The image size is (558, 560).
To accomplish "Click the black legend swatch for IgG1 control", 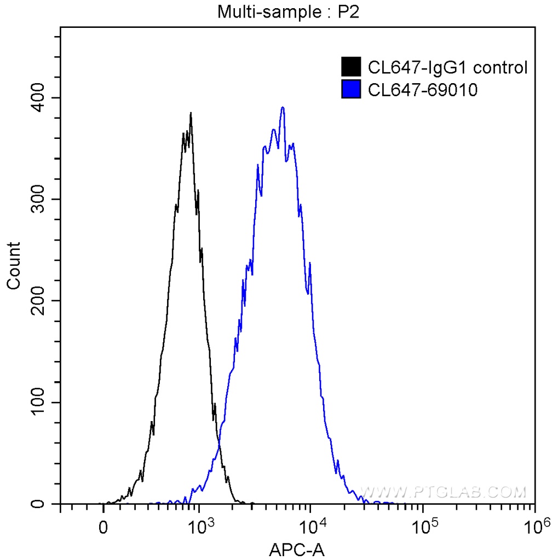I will pos(351,67).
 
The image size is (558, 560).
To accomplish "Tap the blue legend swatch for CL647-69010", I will pos(351,89).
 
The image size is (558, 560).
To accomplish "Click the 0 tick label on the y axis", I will pos(47,504).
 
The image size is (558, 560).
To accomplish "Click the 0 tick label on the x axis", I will pos(103,528).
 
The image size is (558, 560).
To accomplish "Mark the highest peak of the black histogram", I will pos(191,113).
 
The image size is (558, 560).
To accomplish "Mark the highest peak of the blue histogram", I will pos(283,107).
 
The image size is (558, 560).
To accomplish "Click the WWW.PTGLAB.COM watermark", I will pos(444,492).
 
